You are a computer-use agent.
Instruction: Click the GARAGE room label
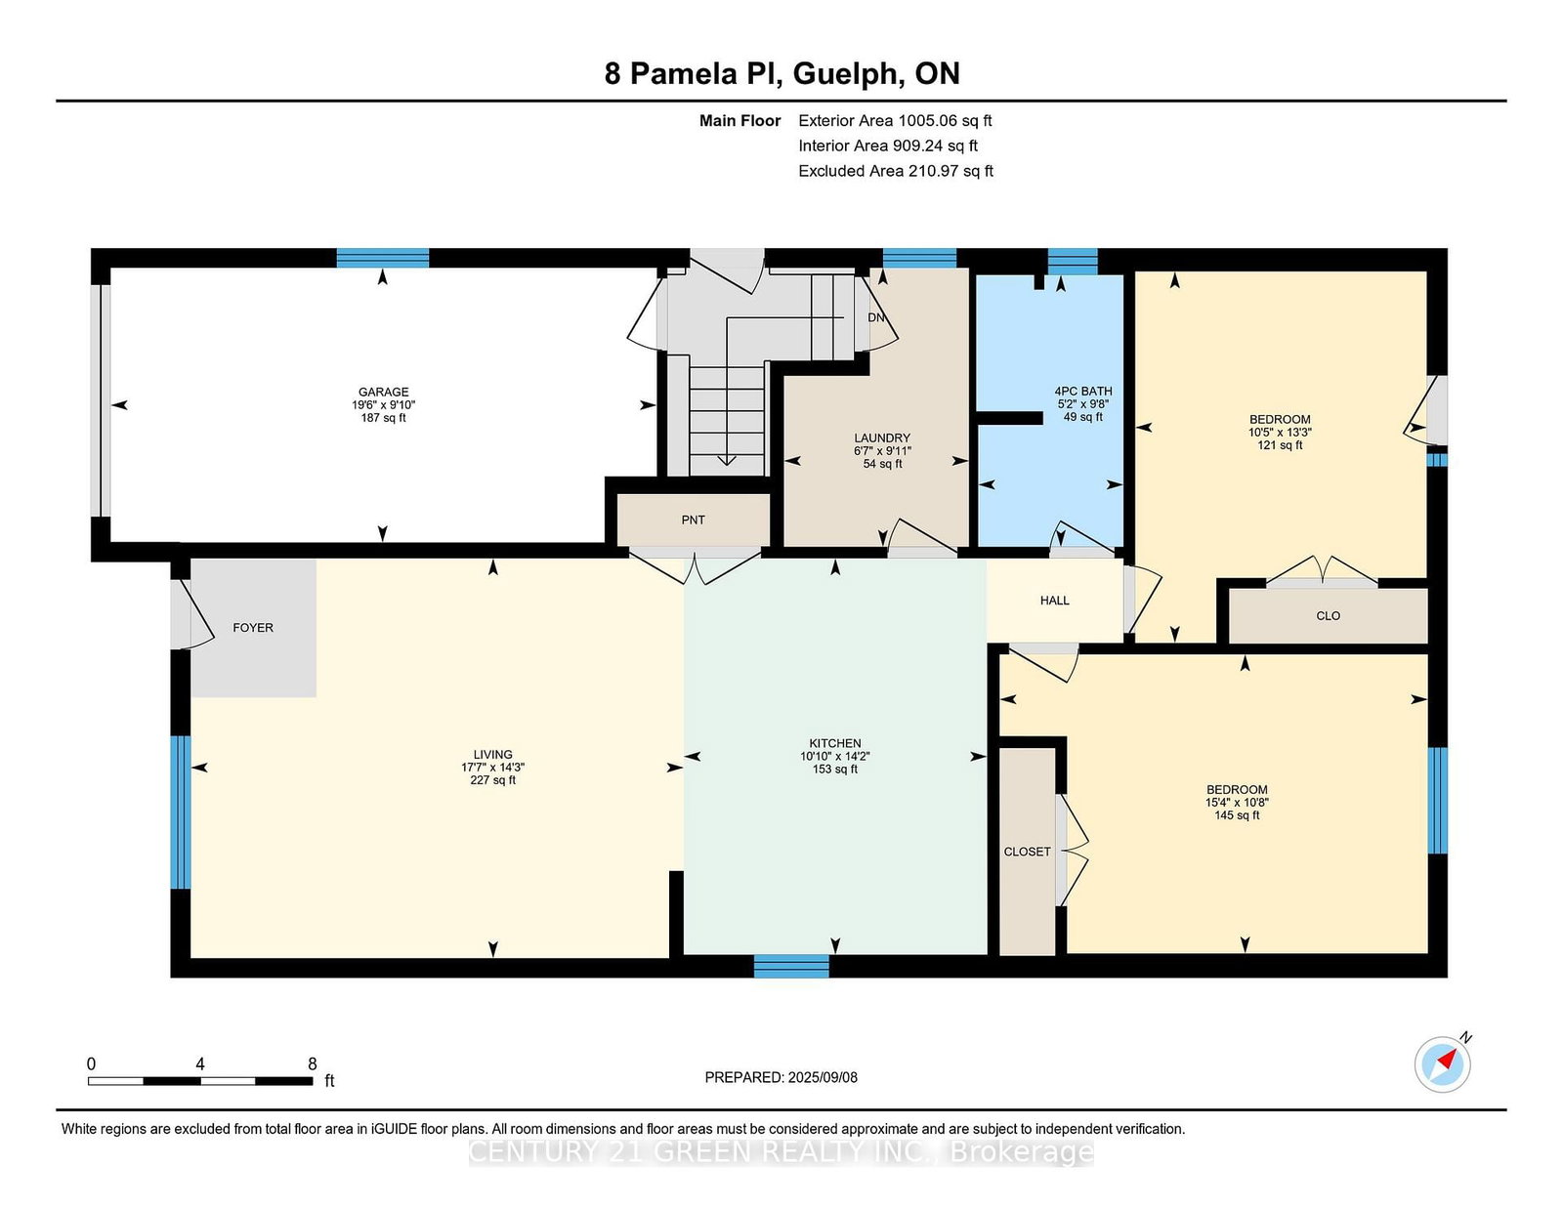pos(383,392)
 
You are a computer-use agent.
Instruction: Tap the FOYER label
pos(252,628)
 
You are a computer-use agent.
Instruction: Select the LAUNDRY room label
pos(882,437)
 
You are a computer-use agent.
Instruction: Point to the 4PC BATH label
pos(1083,392)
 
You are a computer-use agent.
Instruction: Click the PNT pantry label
pos(694,520)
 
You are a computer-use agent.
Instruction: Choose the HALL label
pos(1054,601)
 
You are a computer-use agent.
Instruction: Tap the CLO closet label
pos(1328,616)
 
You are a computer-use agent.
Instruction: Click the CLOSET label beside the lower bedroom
pos(1027,852)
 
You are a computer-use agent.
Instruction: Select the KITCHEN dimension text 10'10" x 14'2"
pos(835,757)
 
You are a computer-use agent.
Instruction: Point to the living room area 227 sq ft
pos(492,780)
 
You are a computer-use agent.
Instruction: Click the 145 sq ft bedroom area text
pos(1237,815)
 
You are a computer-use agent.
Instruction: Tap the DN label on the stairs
pos(876,317)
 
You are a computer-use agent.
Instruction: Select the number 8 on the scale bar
pos(313,1063)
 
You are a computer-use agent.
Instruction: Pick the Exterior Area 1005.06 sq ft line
pos(895,121)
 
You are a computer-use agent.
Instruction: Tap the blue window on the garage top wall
pos(383,258)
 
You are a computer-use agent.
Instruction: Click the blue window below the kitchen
pos(791,966)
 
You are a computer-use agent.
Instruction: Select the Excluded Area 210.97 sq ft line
pos(896,171)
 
